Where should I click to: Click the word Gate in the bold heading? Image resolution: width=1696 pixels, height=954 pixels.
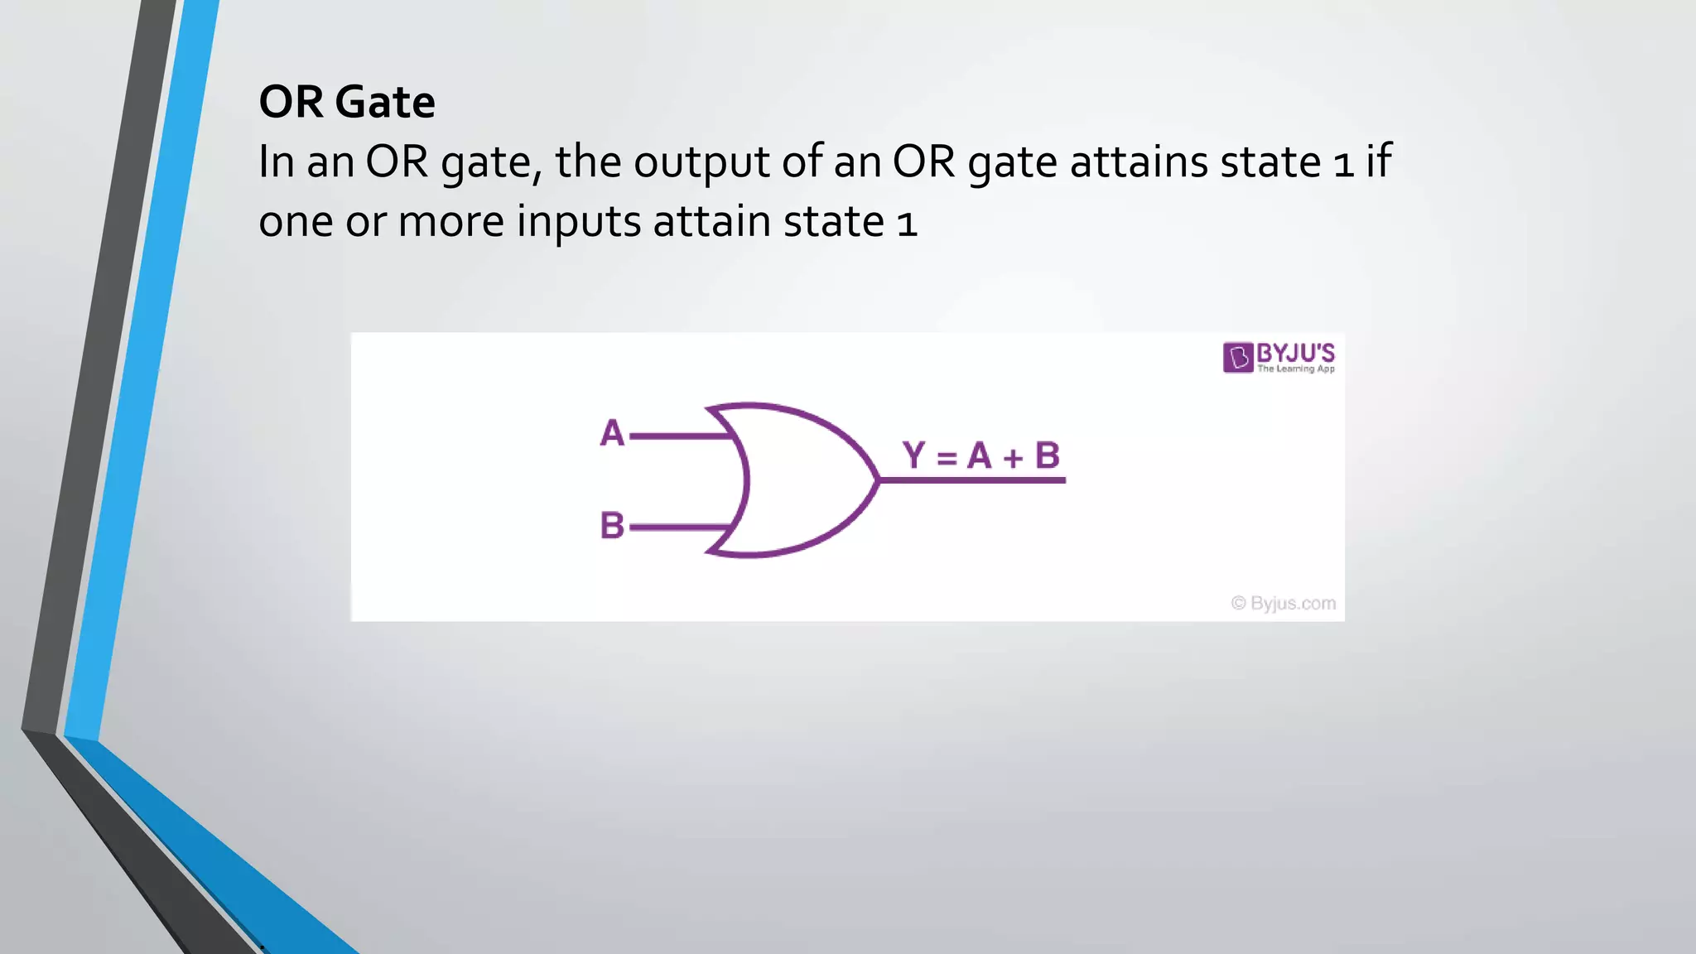tap(385, 103)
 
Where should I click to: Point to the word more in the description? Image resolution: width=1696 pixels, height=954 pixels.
tap(450, 222)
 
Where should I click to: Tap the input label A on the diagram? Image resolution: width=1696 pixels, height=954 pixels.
tap(612, 433)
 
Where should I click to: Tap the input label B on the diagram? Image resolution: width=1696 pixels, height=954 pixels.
tap(612, 525)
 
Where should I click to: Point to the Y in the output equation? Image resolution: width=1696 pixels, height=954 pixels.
tap(913, 455)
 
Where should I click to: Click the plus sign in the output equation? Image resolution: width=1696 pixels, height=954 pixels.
tap(1013, 457)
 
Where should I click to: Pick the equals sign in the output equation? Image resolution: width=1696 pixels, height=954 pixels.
tap(947, 457)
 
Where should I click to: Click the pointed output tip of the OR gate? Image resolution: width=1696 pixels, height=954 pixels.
tap(877, 479)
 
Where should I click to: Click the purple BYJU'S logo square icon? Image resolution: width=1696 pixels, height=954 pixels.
tap(1238, 358)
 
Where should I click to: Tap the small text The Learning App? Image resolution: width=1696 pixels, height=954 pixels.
tap(1296, 369)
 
